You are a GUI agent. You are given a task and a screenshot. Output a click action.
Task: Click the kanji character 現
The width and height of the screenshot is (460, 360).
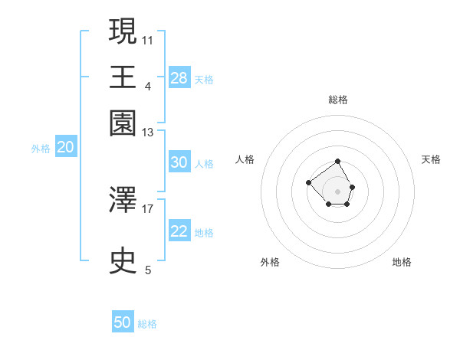(x=123, y=31)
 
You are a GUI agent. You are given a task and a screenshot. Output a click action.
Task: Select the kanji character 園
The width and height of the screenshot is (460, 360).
(x=123, y=122)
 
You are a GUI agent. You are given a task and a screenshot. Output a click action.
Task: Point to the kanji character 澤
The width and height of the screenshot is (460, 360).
(x=123, y=201)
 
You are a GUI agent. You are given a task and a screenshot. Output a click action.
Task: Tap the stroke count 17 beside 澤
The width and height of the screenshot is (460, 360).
(x=148, y=208)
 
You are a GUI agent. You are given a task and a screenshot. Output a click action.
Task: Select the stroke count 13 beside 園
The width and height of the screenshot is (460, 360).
(x=148, y=133)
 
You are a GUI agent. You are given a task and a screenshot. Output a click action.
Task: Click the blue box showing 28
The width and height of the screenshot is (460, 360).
(x=179, y=78)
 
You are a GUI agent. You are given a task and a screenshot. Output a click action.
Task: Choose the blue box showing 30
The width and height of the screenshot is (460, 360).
(x=179, y=162)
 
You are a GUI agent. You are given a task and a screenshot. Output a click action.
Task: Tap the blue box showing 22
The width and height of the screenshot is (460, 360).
(x=179, y=231)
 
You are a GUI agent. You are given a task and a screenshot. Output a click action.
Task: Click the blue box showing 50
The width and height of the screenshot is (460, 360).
(x=123, y=322)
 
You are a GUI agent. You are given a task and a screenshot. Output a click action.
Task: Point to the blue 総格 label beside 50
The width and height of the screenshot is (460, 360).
(x=147, y=324)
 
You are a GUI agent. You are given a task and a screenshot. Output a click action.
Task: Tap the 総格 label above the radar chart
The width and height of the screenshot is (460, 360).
(x=337, y=100)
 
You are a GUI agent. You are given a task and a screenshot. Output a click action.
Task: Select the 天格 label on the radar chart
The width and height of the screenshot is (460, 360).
(x=431, y=159)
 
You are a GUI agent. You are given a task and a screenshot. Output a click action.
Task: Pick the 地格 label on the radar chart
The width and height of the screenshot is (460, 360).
(x=402, y=262)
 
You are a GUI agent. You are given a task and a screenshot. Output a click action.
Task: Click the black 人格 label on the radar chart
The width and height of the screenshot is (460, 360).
(x=245, y=159)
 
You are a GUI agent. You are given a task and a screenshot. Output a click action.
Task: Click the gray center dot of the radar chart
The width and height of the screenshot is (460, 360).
(x=337, y=191)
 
